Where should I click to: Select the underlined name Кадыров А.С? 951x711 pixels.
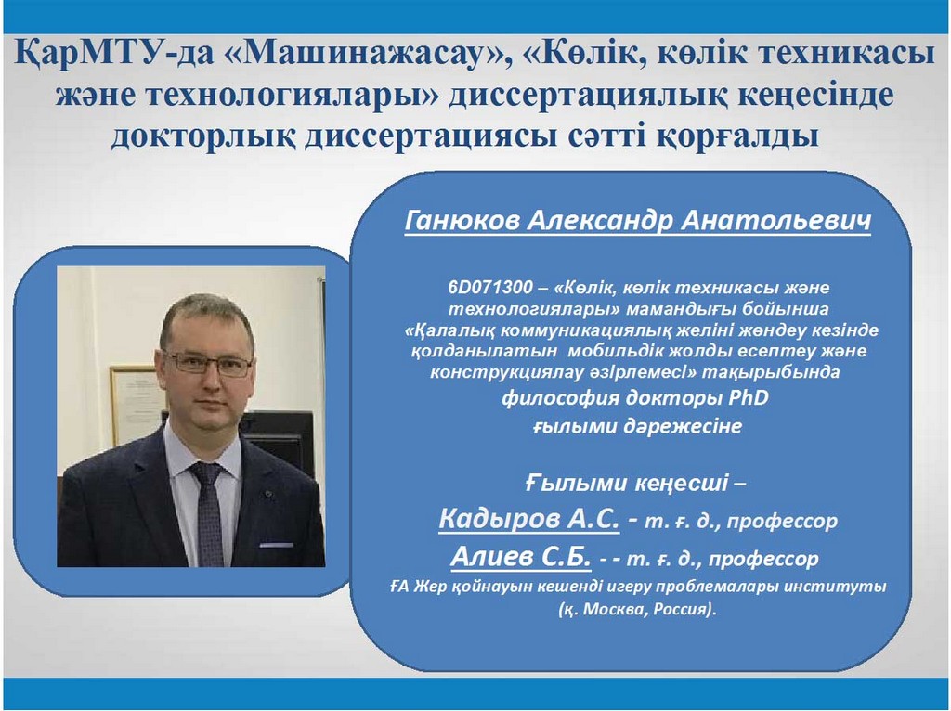[528, 519]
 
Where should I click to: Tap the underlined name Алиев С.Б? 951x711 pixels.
[520, 556]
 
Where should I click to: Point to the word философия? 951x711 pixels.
[560, 398]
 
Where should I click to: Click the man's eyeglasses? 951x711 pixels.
[207, 364]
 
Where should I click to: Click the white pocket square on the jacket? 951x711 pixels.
[277, 546]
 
